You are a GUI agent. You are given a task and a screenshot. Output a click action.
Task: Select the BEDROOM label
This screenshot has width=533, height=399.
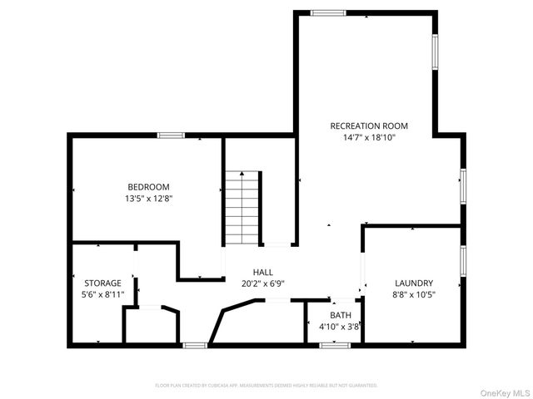click(148, 186)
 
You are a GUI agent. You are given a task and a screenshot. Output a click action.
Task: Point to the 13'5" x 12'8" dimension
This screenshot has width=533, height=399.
click(148, 199)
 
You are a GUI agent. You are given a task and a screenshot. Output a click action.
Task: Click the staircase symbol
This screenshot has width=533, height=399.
click(243, 208)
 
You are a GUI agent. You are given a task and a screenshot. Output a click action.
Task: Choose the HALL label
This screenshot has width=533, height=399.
click(263, 272)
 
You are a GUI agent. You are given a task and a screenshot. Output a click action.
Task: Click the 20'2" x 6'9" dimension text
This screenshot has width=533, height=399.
click(263, 283)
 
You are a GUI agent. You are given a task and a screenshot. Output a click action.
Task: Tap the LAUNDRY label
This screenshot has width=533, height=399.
click(414, 283)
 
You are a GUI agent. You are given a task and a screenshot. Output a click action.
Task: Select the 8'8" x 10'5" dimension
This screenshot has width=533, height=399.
click(414, 294)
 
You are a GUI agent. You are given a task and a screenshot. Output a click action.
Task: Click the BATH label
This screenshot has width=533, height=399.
click(340, 315)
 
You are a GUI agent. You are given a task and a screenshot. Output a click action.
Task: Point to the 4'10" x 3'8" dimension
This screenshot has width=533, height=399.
click(340, 327)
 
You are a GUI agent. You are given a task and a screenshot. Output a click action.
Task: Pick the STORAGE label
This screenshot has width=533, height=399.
click(102, 283)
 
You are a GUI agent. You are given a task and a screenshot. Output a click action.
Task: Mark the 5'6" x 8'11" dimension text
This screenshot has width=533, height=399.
click(102, 294)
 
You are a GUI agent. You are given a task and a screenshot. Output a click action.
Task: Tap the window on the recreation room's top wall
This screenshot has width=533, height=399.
click(328, 12)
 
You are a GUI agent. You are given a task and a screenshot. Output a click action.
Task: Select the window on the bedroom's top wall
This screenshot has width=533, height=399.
click(171, 135)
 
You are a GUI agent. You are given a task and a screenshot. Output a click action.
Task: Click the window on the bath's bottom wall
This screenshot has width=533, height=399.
click(333, 345)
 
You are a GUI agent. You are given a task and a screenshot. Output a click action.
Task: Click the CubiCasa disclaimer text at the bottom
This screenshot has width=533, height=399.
click(266, 386)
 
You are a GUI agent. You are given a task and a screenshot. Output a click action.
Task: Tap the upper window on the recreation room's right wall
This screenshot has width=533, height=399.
click(435, 52)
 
